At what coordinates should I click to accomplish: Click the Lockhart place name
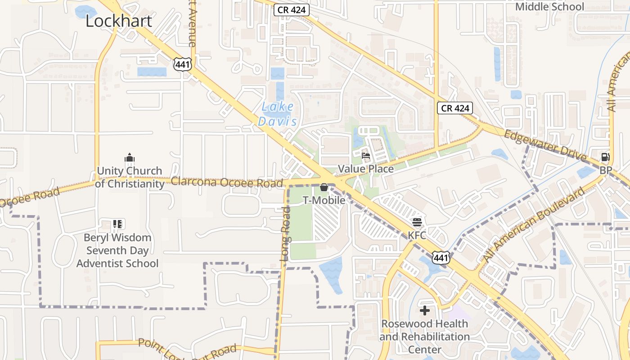(119, 21)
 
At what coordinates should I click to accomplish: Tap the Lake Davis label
(278, 114)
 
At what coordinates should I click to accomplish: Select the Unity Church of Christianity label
(130, 177)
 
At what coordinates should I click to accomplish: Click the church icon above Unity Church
(130, 158)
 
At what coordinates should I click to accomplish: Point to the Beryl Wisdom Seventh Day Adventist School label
(117, 250)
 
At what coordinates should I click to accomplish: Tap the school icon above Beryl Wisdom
(118, 224)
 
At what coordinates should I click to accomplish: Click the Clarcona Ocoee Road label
(227, 182)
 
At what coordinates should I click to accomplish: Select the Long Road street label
(285, 234)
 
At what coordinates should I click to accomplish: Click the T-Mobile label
(324, 200)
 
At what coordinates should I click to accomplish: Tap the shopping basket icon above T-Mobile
(324, 187)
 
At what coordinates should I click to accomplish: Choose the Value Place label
(366, 169)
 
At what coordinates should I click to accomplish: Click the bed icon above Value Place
(366, 156)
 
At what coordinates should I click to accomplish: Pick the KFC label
(417, 235)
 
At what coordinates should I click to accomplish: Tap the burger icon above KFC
(417, 222)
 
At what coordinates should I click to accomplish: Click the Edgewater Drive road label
(545, 146)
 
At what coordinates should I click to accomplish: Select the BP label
(606, 171)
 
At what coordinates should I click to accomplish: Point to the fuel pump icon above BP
(606, 157)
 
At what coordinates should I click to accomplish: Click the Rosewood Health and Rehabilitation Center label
(425, 337)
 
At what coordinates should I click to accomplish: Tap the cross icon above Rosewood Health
(425, 310)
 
